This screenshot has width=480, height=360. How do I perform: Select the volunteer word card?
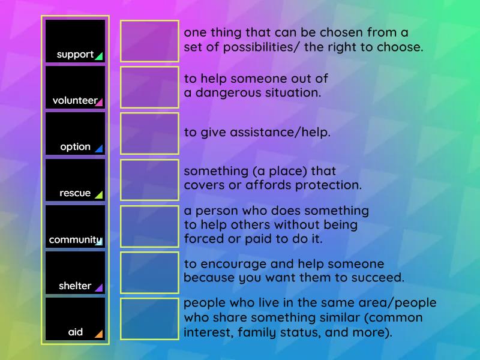[75, 87]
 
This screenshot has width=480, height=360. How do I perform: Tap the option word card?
[75, 133]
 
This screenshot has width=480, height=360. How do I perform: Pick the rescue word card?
[75, 179]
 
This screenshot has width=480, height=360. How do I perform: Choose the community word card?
[75, 226]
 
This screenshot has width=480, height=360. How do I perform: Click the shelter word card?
[75, 272]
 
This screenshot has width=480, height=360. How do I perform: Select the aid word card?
[75, 319]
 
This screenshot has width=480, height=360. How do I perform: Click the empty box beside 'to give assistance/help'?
[149, 133]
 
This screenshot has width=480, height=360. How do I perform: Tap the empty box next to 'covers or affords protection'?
[149, 179]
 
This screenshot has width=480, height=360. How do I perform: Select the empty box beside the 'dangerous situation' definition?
[149, 87]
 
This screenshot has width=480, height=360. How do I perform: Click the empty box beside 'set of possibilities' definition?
[149, 41]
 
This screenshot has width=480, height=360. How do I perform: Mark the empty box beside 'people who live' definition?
[149, 319]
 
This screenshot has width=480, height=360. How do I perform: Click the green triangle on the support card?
[99, 56]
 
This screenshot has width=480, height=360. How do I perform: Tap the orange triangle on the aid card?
[99, 334]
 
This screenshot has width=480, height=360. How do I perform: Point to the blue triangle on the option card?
[99, 148]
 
